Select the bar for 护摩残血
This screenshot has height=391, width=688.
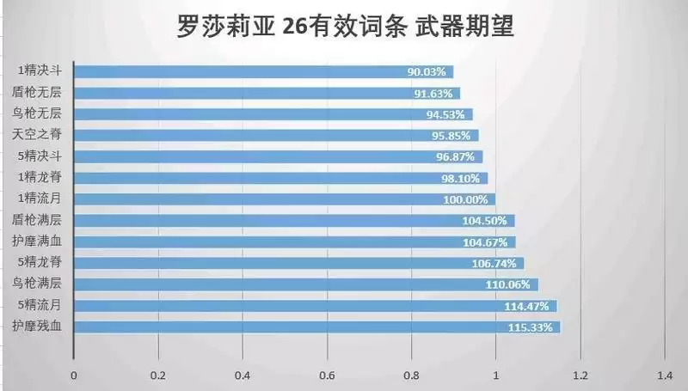pyautogui.click(x=316, y=327)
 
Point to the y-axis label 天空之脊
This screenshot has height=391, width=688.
pyautogui.click(x=36, y=135)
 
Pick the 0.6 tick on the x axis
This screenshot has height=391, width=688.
pyautogui.click(x=327, y=375)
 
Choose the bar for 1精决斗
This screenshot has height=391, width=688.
pyautogui.click(x=263, y=72)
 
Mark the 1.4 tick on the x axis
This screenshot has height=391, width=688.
pyautogui.click(x=664, y=375)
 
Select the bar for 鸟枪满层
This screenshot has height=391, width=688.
pyautogui.click(x=305, y=284)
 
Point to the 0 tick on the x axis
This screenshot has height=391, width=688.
pyautogui.click(x=74, y=375)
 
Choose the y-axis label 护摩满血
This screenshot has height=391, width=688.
pyautogui.click(x=36, y=241)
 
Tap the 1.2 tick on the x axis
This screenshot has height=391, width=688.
pyautogui.click(x=580, y=375)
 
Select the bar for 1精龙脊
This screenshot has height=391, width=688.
pyautogui.click(x=280, y=178)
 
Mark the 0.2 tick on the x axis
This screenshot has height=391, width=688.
pyautogui.click(x=158, y=375)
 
